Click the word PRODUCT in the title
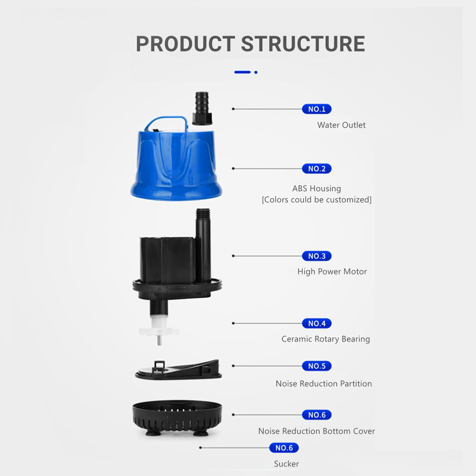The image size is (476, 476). (185, 44)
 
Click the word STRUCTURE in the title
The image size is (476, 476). (303, 44)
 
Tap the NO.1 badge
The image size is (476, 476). (317, 109)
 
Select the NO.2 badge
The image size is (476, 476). (317, 168)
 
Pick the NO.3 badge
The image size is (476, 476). (317, 256)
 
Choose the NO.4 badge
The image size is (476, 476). (317, 324)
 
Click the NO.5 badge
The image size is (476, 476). (317, 366)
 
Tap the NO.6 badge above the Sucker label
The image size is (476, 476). (284, 448)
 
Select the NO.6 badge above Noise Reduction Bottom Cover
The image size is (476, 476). (317, 415)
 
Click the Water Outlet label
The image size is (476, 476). (341, 125)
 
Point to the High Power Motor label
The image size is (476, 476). (332, 271)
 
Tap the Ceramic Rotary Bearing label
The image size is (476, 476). (326, 339)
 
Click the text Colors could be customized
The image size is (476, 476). (317, 200)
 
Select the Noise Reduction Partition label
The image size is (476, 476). (324, 383)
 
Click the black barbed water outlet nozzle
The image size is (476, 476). (202, 108)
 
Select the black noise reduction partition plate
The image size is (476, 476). (178, 370)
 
